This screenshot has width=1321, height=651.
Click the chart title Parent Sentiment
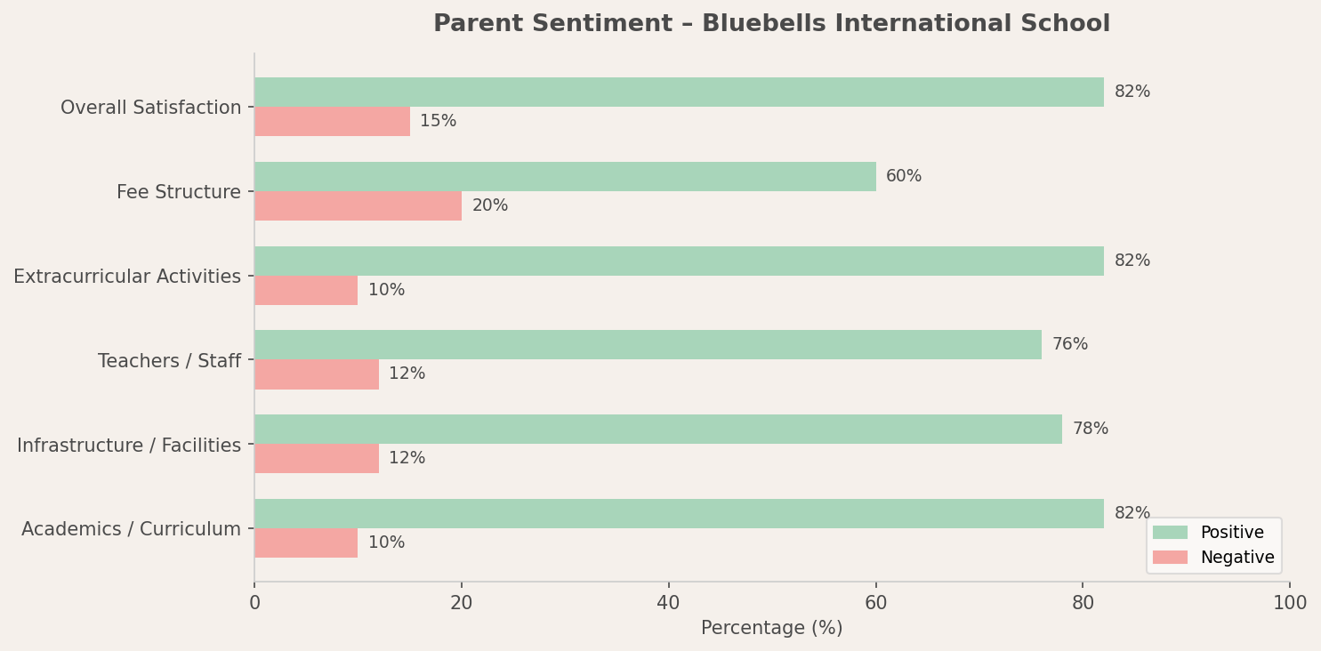click(771, 24)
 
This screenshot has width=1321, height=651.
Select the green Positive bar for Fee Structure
click(565, 176)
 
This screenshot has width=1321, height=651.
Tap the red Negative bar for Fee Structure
click(358, 205)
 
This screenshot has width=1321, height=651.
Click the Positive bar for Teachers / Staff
click(648, 344)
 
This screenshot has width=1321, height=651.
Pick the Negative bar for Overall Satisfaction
click(332, 121)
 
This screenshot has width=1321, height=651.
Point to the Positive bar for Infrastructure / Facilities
click(658, 429)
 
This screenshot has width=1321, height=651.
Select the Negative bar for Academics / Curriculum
click(306, 542)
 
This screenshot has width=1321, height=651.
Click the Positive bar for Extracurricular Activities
click(679, 261)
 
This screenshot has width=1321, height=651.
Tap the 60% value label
click(904, 176)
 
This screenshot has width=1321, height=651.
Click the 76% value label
click(1069, 344)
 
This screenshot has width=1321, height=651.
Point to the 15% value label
click(438, 121)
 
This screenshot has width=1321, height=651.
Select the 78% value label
click(1090, 429)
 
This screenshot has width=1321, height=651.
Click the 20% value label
click(489, 205)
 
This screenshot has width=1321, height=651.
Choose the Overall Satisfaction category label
click(151, 108)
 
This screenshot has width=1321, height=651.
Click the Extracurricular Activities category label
click(127, 277)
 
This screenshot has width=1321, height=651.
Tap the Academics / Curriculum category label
click(132, 529)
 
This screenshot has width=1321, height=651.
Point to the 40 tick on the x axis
click(668, 603)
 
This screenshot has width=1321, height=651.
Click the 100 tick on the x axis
click(1289, 603)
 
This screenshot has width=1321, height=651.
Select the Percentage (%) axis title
click(771, 628)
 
